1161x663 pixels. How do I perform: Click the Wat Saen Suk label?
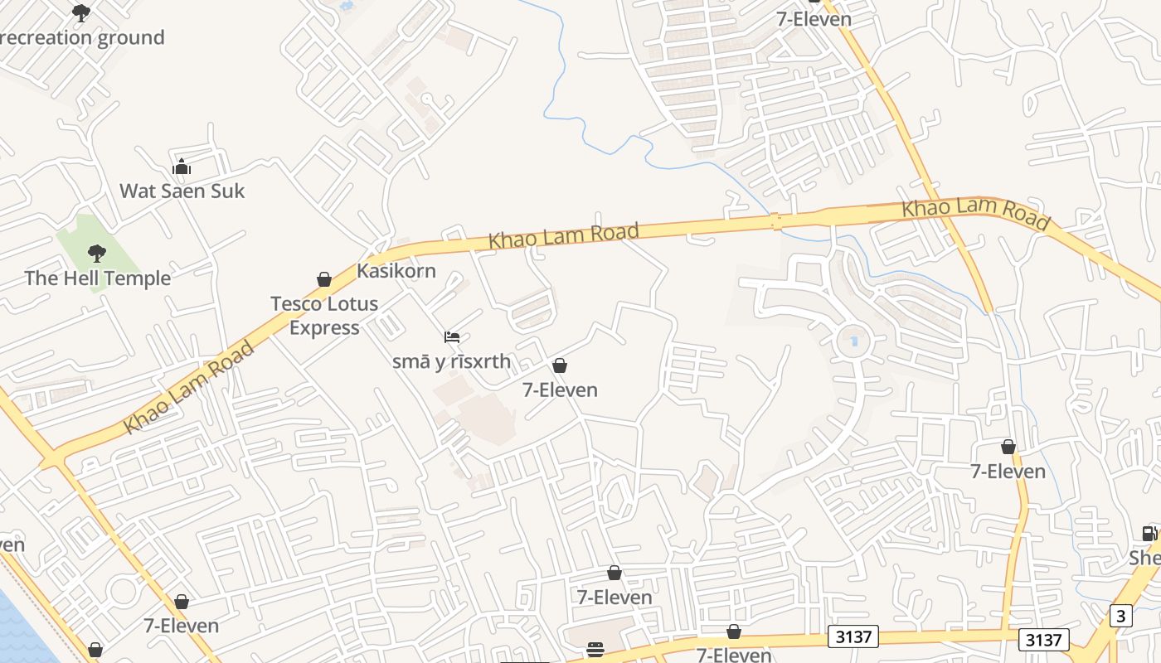pos(182,191)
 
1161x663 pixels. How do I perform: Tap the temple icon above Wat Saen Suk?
pos(182,167)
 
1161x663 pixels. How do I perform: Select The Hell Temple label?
pos(98,278)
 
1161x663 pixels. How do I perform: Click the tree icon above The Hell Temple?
pos(97,253)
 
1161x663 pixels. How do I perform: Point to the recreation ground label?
pos(82,37)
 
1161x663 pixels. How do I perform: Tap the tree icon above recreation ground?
pos(81,12)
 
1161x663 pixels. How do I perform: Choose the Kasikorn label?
pos(396,270)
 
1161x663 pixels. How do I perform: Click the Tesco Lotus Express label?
pos(324,316)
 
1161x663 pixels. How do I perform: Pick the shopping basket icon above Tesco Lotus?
pos(324,279)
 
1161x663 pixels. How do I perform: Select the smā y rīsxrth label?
pos(452,361)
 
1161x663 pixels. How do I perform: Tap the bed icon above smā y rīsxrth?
pos(452,336)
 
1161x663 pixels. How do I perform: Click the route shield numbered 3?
pos(1121,616)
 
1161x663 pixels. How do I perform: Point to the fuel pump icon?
pos(1149,533)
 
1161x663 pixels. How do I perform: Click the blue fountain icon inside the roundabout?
pos(854,341)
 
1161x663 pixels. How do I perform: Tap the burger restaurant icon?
pos(595,649)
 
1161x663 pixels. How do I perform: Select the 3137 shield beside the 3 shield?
pos(1044,639)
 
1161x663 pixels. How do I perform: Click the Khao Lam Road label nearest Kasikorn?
pos(564,235)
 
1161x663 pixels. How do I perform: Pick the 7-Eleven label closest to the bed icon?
pos(560,390)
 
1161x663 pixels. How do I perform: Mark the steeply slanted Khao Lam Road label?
pos(189,387)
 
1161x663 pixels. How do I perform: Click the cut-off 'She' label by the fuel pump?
pos(1145,558)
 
